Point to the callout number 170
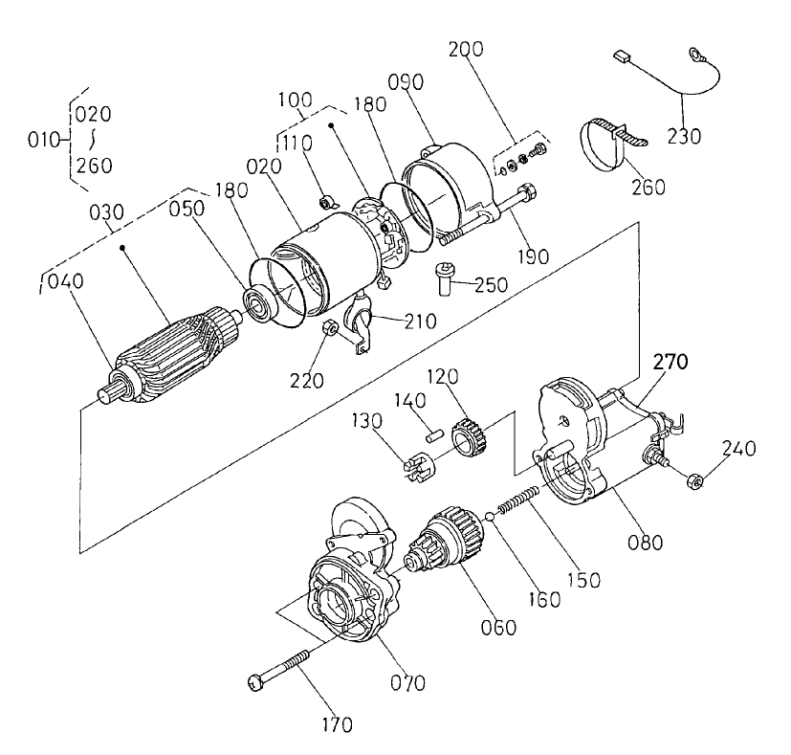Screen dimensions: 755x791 pyautogui.click(x=337, y=723)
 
